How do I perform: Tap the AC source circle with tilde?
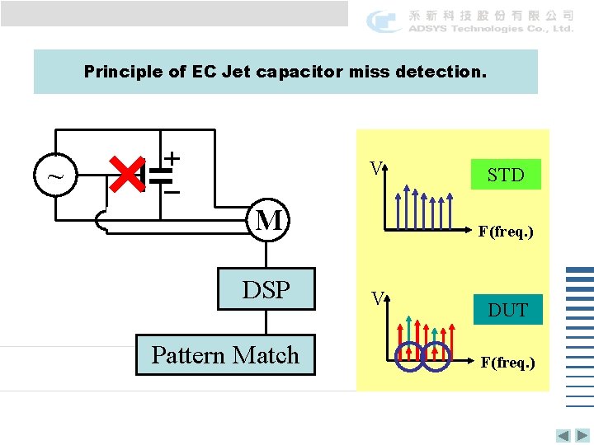pos(54,175)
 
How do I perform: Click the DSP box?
pos(266,289)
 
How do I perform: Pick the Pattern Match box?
pos(225,355)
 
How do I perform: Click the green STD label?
pos(505,175)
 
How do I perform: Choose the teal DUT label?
pos(507,310)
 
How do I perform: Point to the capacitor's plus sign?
pos(172,157)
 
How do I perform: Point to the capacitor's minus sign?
pos(172,192)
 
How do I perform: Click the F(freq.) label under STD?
pos(506,232)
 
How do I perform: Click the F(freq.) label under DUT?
pos(507,363)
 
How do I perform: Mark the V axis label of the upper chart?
pos(375,168)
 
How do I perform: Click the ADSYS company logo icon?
pos(384,21)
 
